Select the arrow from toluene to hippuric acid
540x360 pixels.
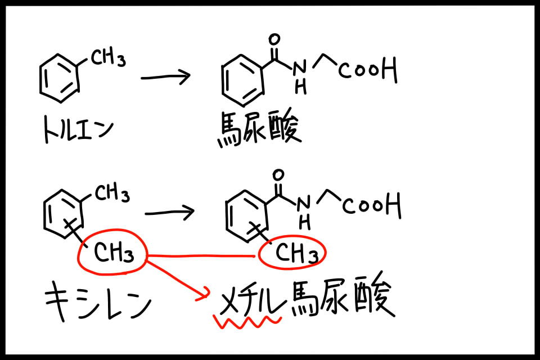(x=165, y=77)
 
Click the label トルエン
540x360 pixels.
(x=78, y=130)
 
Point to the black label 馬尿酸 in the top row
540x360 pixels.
(x=259, y=129)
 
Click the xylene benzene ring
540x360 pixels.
(x=63, y=213)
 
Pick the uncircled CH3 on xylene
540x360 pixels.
(x=111, y=195)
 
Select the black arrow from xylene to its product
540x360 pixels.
(x=169, y=212)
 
